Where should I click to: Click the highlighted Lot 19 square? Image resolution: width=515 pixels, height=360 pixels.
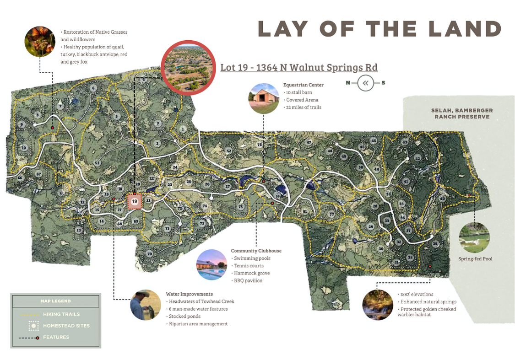pyautogui.click(x=134, y=201)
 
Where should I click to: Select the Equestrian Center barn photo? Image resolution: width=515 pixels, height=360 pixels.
pyautogui.click(x=264, y=98)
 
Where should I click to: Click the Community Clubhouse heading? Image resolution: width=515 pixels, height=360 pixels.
pyautogui.click(x=256, y=251)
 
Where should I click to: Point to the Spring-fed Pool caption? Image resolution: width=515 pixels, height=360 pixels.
pyautogui.click(x=475, y=259)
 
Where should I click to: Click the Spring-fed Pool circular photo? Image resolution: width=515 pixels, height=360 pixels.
pyautogui.click(x=474, y=237)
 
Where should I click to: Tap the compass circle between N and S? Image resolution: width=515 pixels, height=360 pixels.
pyautogui.click(x=365, y=83)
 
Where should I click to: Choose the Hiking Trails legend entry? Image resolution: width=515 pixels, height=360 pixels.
pyautogui.click(x=61, y=314)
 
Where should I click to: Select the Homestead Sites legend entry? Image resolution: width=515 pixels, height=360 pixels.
pyautogui.click(x=66, y=326)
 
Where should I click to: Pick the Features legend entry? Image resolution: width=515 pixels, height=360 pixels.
pyautogui.click(x=56, y=337)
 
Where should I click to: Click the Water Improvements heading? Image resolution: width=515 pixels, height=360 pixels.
pyautogui.click(x=189, y=294)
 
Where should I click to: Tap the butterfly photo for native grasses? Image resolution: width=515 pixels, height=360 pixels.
pyautogui.click(x=40, y=41)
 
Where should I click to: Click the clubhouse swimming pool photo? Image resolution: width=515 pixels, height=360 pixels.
pyautogui.click(x=211, y=264)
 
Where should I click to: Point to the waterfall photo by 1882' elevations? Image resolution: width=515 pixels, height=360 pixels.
pyautogui.click(x=378, y=304)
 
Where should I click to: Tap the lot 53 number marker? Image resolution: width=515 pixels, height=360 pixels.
pyautogui.click(x=97, y=163)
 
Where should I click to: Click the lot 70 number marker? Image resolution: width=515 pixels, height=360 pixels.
pyautogui.click(x=149, y=253)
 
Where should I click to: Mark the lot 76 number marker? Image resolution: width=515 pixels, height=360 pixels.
pyautogui.click(x=259, y=145)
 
